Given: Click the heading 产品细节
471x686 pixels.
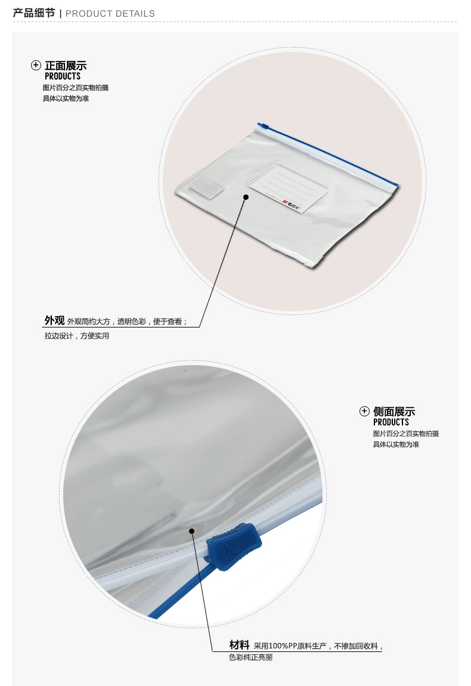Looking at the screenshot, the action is pos(34,13).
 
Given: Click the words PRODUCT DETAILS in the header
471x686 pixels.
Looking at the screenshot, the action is pos(110,14).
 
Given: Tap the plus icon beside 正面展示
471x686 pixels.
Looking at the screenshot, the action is pos(36,65).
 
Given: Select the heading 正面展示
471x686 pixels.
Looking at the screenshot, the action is pos(66,66).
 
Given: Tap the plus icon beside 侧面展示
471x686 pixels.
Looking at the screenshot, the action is pos(364,411).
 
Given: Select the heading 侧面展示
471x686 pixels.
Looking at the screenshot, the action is pos(394,411).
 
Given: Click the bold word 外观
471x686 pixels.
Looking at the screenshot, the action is pos(55,320).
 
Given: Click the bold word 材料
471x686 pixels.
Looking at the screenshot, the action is pos(239,645).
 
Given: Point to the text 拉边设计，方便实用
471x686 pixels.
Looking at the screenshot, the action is pos(76,336).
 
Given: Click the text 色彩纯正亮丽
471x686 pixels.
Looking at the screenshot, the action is pos(250,657).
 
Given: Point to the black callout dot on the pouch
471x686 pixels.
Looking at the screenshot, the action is pos(246,197).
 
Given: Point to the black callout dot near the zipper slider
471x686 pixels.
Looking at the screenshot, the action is pos(191,531).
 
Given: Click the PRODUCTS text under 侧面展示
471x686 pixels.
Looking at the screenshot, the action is pos(391,422).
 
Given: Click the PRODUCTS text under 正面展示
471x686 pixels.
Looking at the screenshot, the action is pos(63,76).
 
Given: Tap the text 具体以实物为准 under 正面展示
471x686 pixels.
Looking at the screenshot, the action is pos(66,98).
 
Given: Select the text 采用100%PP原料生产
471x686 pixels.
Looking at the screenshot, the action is pos(290,646).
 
